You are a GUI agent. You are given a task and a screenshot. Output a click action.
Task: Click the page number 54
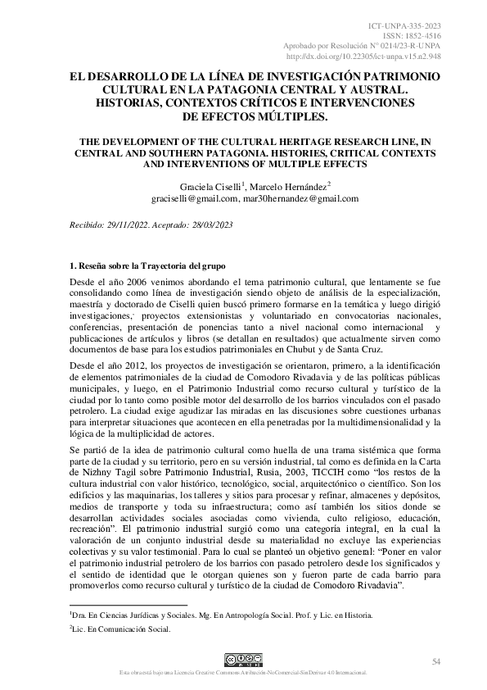(436, 660)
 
